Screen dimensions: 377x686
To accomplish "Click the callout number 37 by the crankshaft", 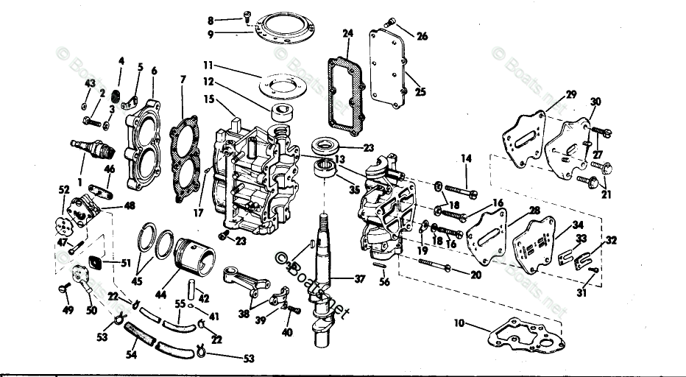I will point(359,279).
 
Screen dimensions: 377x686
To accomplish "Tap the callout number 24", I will point(348,33).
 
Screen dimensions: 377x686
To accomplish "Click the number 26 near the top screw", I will point(422,35).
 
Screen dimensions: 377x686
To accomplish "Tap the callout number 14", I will point(465,158).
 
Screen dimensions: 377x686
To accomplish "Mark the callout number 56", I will point(383,281).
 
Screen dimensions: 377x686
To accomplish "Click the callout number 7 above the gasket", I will point(183,79).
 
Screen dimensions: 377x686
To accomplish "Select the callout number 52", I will point(65,190).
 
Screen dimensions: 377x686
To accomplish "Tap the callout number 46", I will point(110,170).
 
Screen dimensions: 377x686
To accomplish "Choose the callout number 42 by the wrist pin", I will point(204,298).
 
